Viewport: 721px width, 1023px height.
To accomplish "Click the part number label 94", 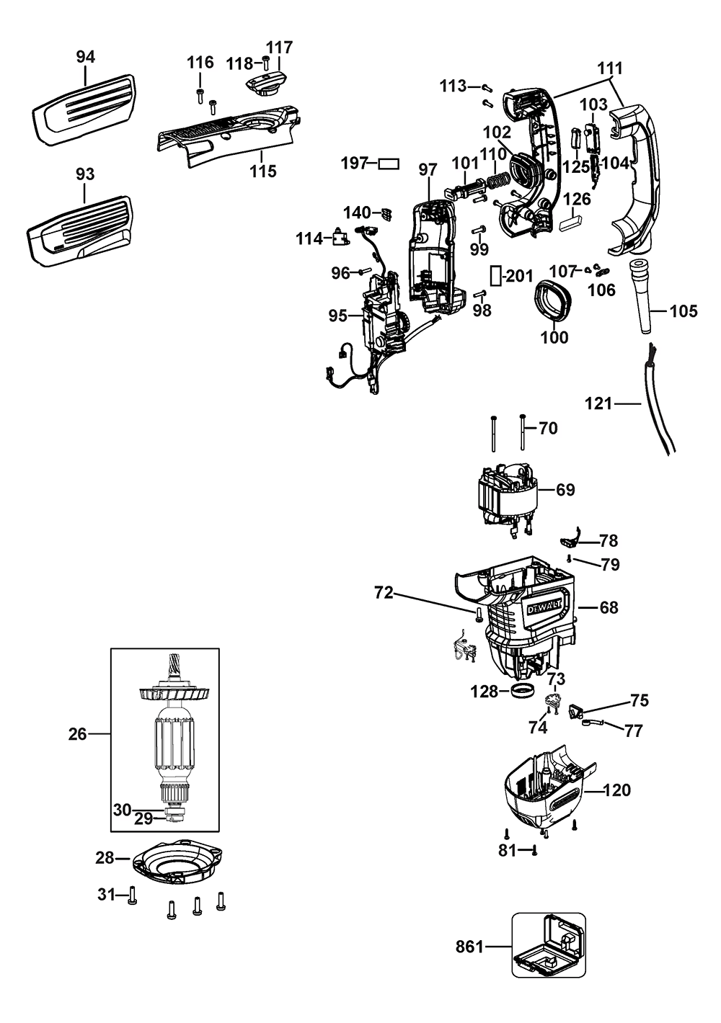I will click(x=85, y=56).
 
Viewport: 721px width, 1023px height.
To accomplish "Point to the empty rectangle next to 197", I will click(x=389, y=164).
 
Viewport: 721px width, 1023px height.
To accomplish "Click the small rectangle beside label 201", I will click(x=495, y=275).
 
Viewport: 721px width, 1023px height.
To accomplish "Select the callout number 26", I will click(x=77, y=734).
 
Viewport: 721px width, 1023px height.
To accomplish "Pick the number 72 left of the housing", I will click(x=384, y=593).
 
